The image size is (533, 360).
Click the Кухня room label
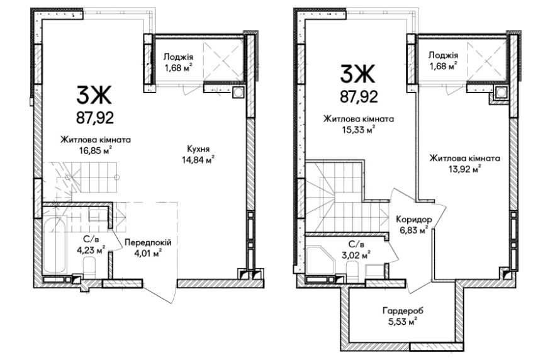(198, 149)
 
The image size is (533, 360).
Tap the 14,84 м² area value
(198, 160)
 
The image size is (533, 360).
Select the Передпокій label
(148, 243)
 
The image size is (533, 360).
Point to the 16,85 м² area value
(96, 150)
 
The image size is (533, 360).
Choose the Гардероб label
(403, 311)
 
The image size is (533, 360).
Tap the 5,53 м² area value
(403, 322)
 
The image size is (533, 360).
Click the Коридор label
(414, 220)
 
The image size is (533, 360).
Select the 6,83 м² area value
(413, 230)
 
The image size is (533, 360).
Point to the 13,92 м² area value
(464, 169)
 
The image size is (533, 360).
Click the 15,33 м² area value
(359, 130)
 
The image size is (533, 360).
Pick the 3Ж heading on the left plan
(94, 95)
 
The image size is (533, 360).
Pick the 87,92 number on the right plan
(359, 97)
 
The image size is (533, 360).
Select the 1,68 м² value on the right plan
(443, 66)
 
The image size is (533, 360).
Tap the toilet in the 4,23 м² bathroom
(90, 266)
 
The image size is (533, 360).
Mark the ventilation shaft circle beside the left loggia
(238, 93)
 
